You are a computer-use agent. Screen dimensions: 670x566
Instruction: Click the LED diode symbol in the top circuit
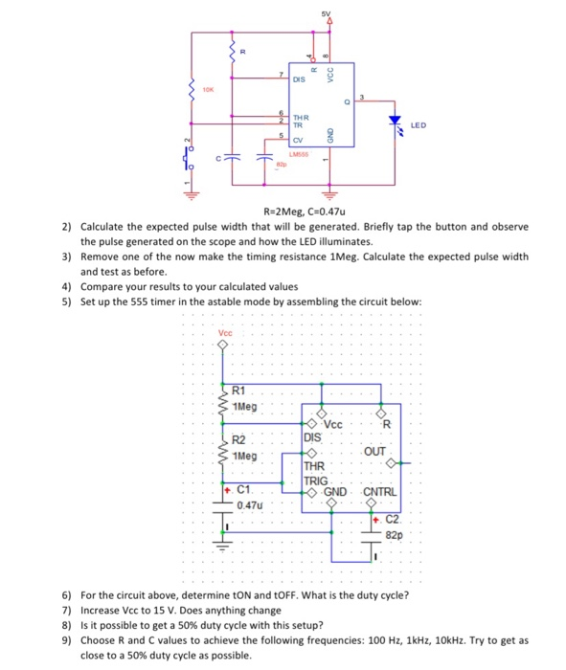[394, 122]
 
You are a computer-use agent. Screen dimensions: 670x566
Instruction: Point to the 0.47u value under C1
[248, 503]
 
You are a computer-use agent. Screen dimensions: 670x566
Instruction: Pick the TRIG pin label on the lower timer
[316, 480]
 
